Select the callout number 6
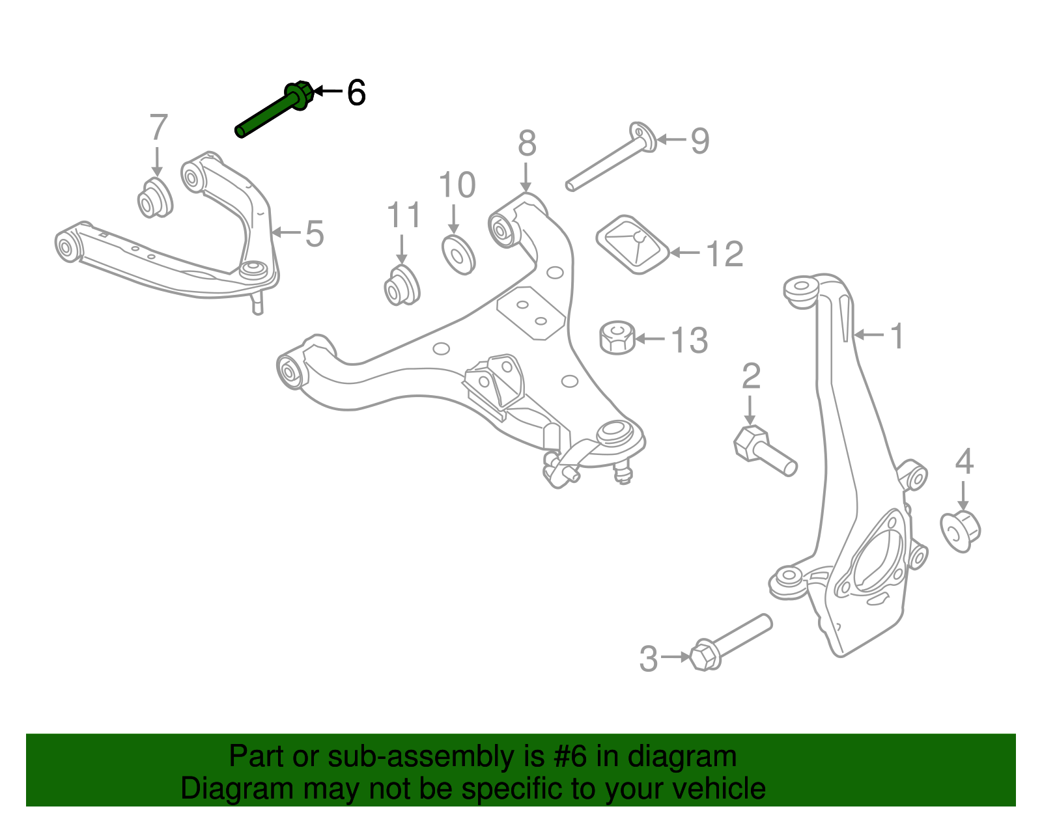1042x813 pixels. [356, 92]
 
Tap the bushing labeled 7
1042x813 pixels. [155, 197]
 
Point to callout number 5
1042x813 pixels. [315, 234]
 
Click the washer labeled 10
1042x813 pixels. [458, 255]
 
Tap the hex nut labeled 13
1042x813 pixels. [617, 337]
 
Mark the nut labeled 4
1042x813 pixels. [961, 531]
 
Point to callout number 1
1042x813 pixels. [897, 336]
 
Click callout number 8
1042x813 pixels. [527, 143]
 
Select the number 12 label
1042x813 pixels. [724, 254]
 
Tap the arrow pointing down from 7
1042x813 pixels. [156, 161]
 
